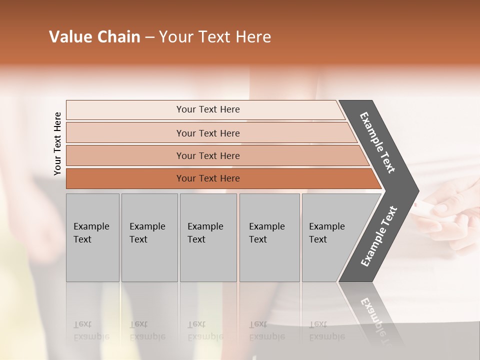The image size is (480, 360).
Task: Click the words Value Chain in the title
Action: pos(94,37)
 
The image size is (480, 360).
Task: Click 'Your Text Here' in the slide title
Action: pos(215,37)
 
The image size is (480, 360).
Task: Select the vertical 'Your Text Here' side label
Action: pos(57,143)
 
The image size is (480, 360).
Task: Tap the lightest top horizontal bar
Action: pos(125,109)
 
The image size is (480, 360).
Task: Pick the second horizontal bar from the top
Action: pos(125,133)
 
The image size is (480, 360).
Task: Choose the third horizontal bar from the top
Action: pos(125,155)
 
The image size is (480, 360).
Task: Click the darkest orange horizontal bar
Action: pos(125,178)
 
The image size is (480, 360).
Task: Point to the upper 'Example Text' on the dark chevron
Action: pos(377,142)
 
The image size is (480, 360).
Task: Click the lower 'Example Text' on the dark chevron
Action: pos(379,236)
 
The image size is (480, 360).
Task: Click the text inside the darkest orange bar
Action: pos(208,178)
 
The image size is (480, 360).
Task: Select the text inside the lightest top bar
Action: pos(208,109)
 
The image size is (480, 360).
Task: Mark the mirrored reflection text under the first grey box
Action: pos(91,330)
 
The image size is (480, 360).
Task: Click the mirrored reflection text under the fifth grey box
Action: pos(327,330)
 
